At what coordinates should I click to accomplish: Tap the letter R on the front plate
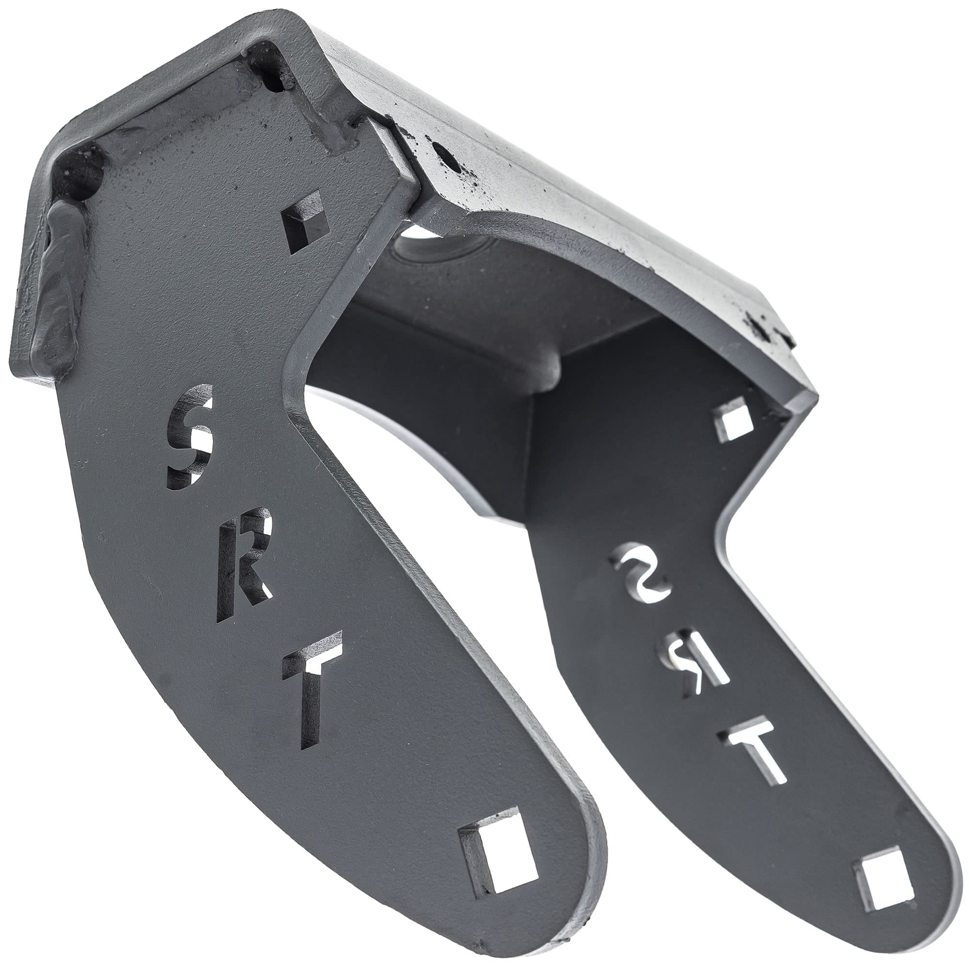[x=244, y=570]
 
